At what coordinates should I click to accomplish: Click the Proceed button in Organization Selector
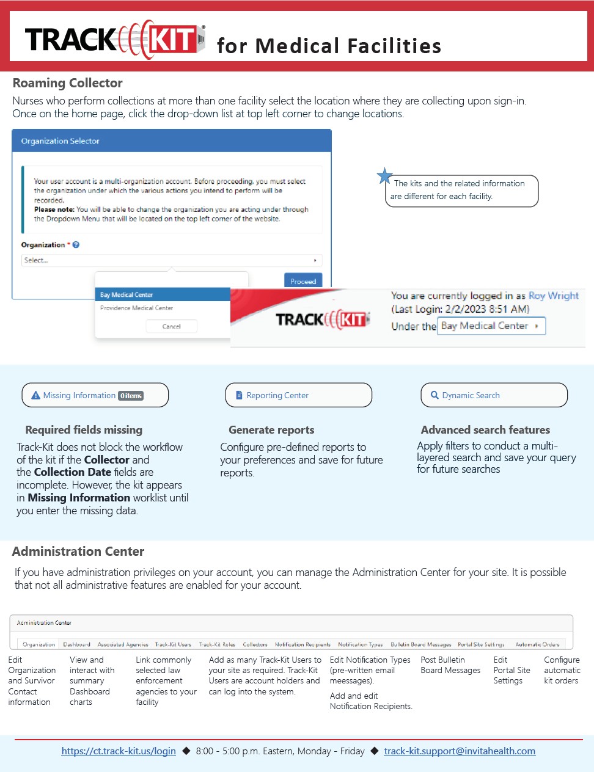(x=303, y=281)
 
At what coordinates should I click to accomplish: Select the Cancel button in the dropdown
(x=172, y=326)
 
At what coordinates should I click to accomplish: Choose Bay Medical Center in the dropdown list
(x=127, y=294)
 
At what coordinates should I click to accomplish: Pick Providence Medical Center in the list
(x=136, y=308)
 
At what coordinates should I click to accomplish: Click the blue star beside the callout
(x=384, y=176)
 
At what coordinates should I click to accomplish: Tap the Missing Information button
(x=95, y=395)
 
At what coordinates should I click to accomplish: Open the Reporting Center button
(x=298, y=395)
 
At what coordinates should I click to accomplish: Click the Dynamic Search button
(x=494, y=395)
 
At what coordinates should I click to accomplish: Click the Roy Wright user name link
(x=554, y=296)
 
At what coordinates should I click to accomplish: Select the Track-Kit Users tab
(x=173, y=644)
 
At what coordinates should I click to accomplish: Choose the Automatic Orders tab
(x=537, y=644)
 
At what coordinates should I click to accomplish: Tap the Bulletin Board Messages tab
(x=421, y=644)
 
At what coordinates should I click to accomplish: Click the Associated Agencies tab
(x=123, y=644)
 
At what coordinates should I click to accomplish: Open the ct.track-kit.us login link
(x=119, y=751)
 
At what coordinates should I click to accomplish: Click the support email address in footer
(x=460, y=751)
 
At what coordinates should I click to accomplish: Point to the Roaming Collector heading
(x=68, y=83)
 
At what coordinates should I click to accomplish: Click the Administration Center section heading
(x=78, y=552)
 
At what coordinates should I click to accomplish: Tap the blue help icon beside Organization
(x=76, y=245)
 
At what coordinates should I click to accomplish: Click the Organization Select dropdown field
(x=171, y=260)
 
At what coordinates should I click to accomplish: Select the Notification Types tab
(x=360, y=644)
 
